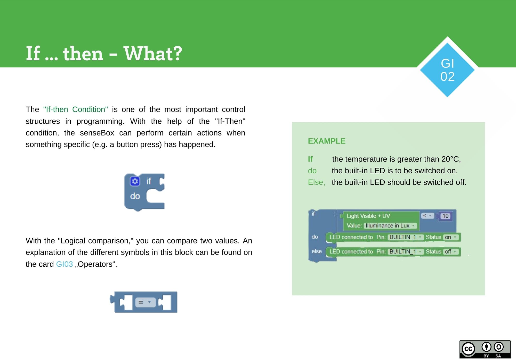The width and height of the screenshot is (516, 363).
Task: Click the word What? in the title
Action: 153,54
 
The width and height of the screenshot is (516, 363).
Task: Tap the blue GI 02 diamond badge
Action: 447,70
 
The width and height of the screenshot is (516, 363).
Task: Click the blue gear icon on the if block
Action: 135,181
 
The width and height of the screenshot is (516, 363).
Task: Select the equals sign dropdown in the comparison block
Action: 145,302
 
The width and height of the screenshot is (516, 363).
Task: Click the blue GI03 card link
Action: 64,264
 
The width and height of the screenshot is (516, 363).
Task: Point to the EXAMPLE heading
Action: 327,141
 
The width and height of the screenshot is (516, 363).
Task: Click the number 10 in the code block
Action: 446,216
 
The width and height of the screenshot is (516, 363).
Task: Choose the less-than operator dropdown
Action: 428,216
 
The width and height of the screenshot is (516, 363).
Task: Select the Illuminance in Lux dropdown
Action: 390,226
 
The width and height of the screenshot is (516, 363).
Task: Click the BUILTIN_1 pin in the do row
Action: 405,237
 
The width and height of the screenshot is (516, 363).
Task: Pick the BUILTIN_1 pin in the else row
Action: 405,252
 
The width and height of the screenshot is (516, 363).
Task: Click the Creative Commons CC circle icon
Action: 468,349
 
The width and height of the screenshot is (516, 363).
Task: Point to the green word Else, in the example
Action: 316,182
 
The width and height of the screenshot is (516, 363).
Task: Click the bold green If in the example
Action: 310,159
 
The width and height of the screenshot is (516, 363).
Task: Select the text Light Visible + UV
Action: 368,216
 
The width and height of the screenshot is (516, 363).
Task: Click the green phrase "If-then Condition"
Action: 76,109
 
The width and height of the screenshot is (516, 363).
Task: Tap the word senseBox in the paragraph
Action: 97,133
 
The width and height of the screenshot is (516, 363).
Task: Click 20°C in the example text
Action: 450,159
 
